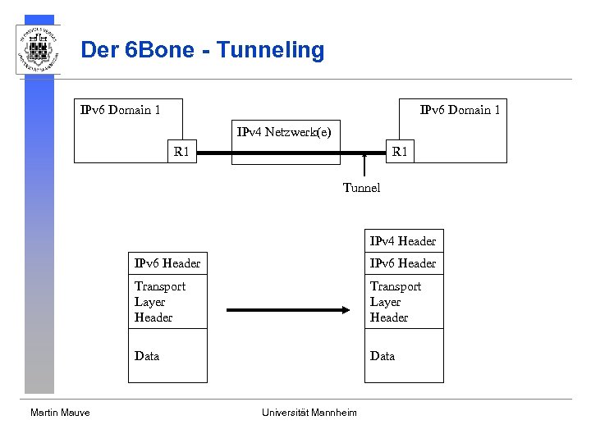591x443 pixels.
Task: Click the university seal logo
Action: point(38,49)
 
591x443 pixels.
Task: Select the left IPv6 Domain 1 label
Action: point(120,110)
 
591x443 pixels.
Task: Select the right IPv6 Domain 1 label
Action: point(460,110)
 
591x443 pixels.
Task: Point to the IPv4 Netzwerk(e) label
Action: point(284,131)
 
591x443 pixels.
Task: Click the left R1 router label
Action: point(181,152)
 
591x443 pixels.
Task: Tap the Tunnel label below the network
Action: point(361,188)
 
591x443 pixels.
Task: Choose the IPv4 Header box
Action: point(403,241)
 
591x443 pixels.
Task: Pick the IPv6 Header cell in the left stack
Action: point(167,263)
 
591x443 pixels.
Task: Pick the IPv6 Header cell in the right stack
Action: point(403,263)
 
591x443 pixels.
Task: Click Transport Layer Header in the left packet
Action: point(160,302)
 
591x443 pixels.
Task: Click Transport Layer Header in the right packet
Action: point(396,302)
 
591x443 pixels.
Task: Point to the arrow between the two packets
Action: point(287,310)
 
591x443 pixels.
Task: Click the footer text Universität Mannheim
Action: point(309,413)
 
